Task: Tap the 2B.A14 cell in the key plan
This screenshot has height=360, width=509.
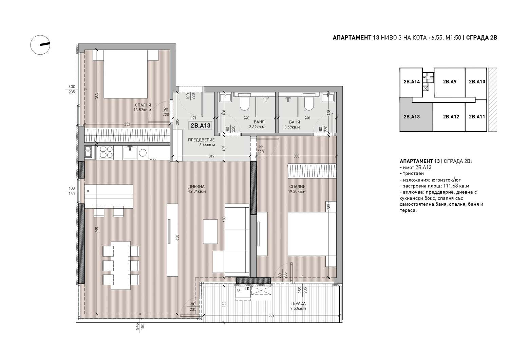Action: tap(411, 82)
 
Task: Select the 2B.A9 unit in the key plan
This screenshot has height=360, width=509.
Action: tap(450, 82)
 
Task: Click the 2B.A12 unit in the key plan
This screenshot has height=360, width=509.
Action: tap(449, 117)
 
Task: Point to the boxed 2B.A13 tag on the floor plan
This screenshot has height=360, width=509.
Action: tap(201, 126)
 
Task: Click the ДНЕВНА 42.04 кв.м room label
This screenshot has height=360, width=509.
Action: tap(197, 189)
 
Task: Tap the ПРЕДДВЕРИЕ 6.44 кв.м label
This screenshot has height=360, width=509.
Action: tap(201, 142)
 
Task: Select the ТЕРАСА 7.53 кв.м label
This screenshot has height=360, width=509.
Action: tap(298, 306)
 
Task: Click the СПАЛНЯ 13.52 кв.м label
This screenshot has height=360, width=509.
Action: tap(143, 108)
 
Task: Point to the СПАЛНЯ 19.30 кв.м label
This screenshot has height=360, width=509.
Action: tap(297, 189)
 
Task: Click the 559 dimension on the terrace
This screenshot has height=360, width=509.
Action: tap(271, 316)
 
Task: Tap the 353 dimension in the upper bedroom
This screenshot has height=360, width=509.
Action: tap(127, 124)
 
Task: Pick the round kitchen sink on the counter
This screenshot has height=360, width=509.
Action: tap(143, 153)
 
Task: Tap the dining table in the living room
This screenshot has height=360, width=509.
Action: tap(121, 265)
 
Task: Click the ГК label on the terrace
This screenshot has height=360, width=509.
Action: tap(247, 289)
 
